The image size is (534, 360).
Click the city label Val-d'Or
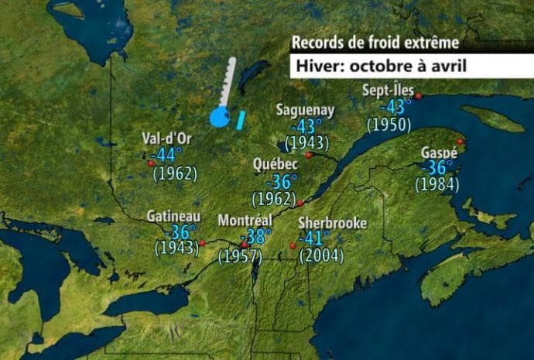167,139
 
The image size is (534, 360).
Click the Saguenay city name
305,110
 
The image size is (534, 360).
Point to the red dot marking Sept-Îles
418,96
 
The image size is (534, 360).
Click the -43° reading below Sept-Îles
395,106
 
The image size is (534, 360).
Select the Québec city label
276,165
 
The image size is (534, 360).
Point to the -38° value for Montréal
256,238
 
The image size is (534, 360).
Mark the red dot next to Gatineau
202,243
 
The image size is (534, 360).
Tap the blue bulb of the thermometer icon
219,118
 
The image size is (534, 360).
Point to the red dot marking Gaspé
460,142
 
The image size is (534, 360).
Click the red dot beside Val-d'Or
150,163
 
